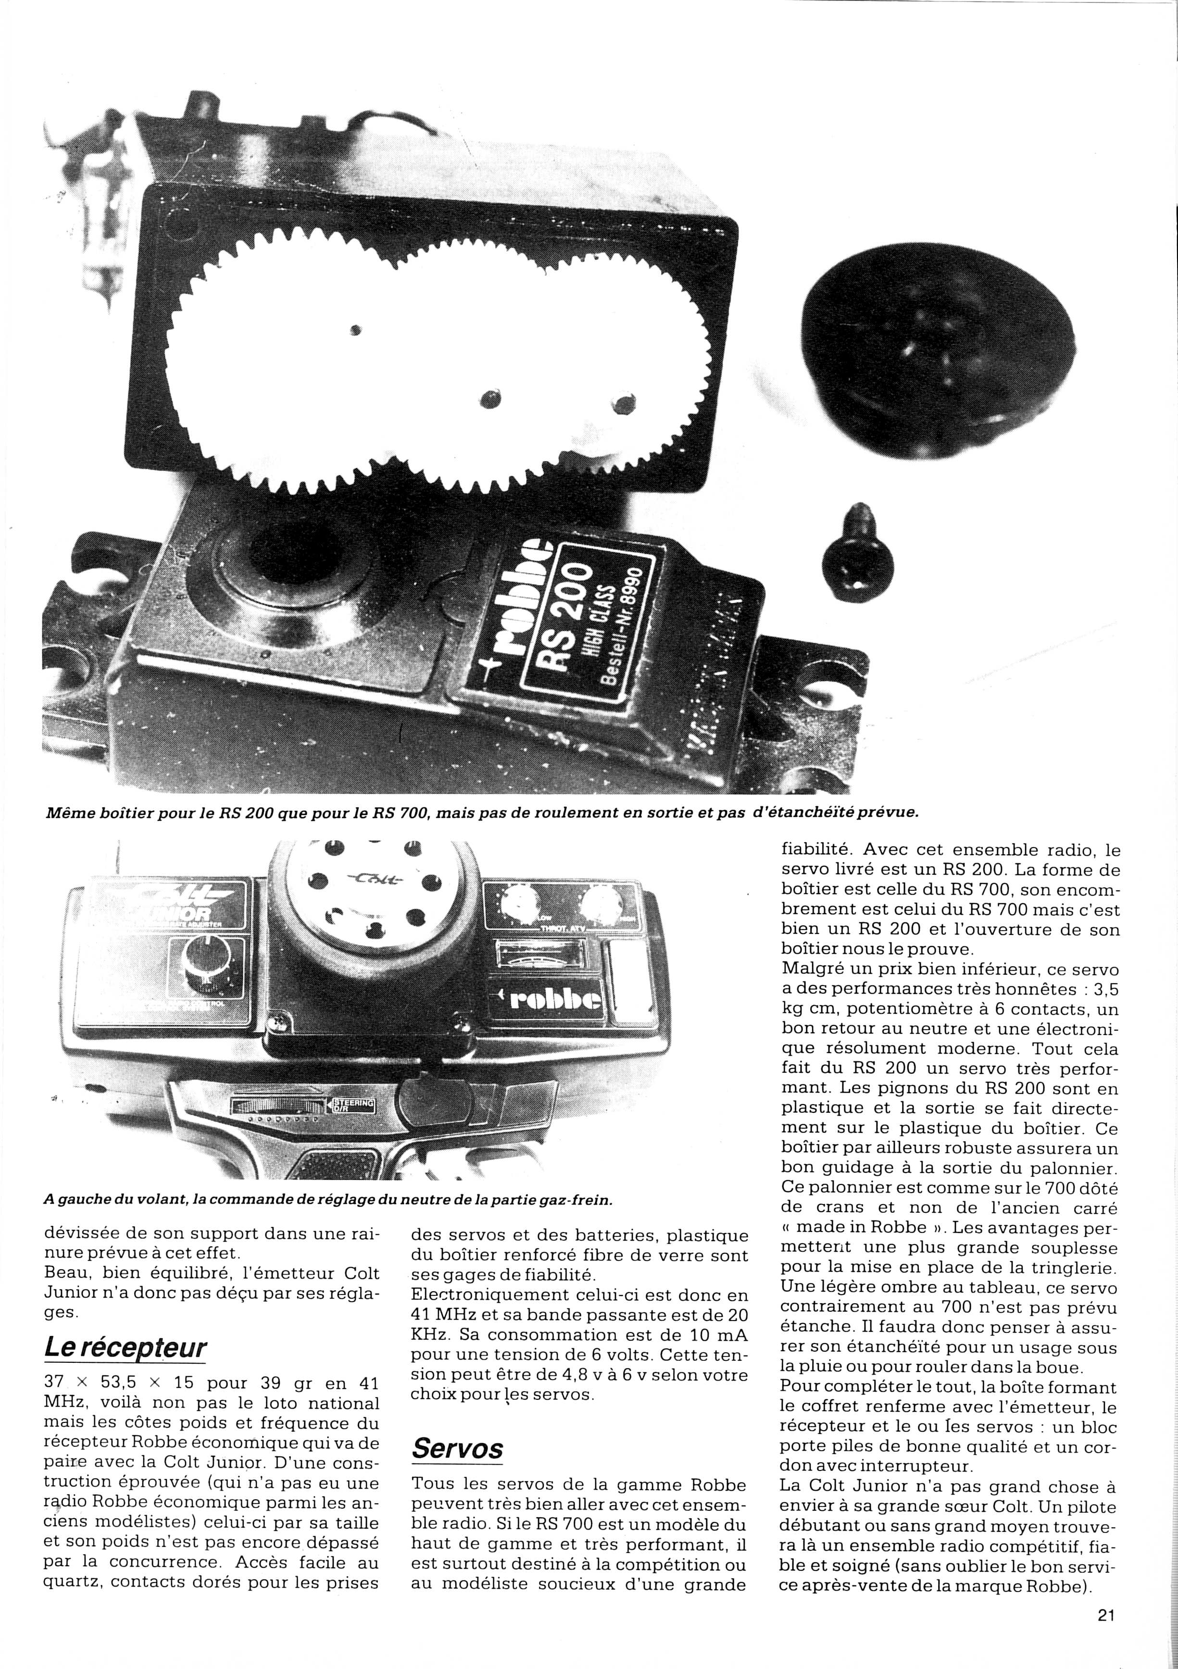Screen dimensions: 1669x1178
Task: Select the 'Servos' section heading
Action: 457,1427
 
